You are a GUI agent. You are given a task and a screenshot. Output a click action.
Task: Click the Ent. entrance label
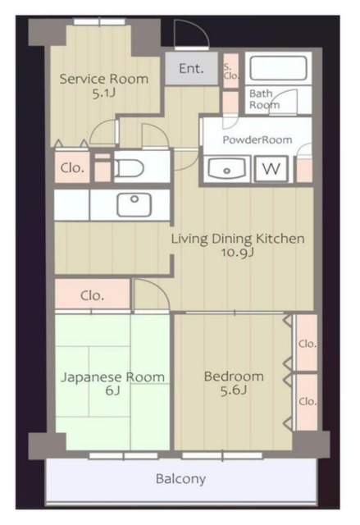point(191,69)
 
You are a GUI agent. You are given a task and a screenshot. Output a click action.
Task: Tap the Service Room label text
point(103,79)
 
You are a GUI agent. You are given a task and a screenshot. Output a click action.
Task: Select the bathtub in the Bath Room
point(278,68)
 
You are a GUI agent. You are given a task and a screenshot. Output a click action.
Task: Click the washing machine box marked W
point(271,169)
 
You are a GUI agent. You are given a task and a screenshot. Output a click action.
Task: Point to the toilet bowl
point(129,167)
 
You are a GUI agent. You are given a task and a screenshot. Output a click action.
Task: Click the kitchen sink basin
point(134,204)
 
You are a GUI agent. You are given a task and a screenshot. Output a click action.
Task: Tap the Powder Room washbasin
point(226,168)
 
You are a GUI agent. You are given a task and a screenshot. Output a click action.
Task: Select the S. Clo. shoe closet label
point(231,71)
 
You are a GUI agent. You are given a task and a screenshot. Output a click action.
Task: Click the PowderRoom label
point(257,139)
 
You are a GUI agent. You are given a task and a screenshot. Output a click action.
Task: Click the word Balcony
point(180,479)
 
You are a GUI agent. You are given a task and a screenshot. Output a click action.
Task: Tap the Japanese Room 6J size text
point(112,390)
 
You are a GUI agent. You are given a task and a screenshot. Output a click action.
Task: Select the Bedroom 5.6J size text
point(234,390)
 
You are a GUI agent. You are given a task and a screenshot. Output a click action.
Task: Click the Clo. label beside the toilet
point(72,167)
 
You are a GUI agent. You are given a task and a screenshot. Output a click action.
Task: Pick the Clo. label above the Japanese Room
point(92,295)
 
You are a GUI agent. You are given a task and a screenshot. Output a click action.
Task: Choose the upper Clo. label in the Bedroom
point(308,344)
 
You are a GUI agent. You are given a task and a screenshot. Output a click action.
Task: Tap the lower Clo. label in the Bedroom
point(308,401)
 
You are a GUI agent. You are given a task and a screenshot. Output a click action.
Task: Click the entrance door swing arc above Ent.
point(200,29)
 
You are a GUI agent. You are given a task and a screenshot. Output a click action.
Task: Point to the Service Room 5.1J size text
point(103,94)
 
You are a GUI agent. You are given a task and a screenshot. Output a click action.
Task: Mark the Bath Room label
point(264,99)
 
